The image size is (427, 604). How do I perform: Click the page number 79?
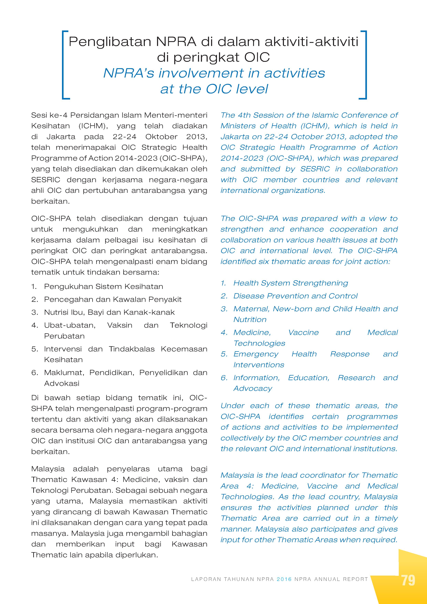408,580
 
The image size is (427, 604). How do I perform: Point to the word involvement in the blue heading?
201,73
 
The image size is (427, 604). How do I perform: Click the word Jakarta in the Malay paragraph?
61,137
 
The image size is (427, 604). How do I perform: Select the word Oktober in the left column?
161,137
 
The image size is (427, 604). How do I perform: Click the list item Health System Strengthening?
290,283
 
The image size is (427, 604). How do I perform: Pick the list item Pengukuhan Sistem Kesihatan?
103,287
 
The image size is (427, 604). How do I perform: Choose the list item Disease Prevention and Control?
295,296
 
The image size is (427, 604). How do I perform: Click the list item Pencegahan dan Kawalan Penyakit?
113,299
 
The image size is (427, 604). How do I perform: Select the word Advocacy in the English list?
253,389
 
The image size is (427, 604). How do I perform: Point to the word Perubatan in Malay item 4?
64,336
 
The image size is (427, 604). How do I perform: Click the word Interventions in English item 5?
259,365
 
